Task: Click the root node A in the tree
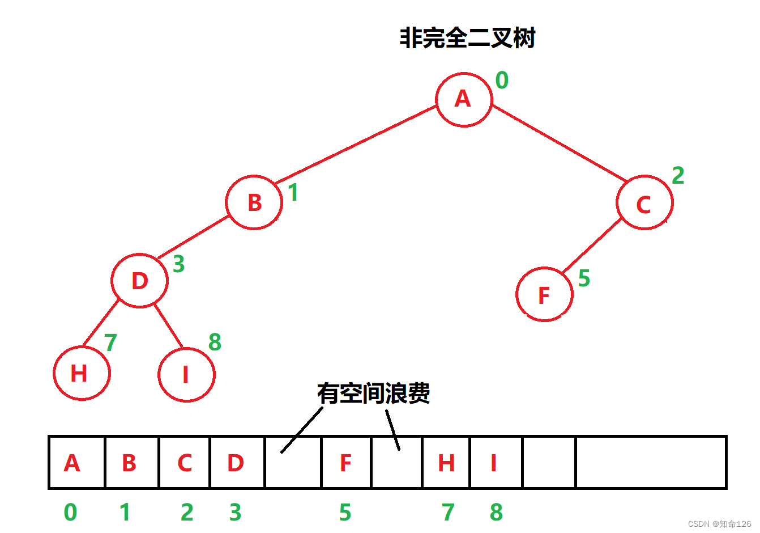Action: (x=464, y=100)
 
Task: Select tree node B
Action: (x=254, y=202)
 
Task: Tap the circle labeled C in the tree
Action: (x=644, y=203)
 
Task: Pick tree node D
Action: (x=139, y=281)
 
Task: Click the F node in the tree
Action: (x=544, y=294)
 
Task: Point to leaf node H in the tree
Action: (x=82, y=373)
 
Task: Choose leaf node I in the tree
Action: (x=186, y=374)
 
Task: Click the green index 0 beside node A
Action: (x=502, y=81)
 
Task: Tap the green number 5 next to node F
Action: (x=584, y=278)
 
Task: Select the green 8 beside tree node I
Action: (x=215, y=342)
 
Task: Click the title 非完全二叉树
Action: (x=467, y=39)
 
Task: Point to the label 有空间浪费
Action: (x=373, y=393)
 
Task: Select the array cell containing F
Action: (x=346, y=463)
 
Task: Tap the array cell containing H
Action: (x=446, y=463)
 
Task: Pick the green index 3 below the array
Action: (x=236, y=513)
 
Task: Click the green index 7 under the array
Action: (x=448, y=513)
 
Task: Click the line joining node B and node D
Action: (x=193, y=238)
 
